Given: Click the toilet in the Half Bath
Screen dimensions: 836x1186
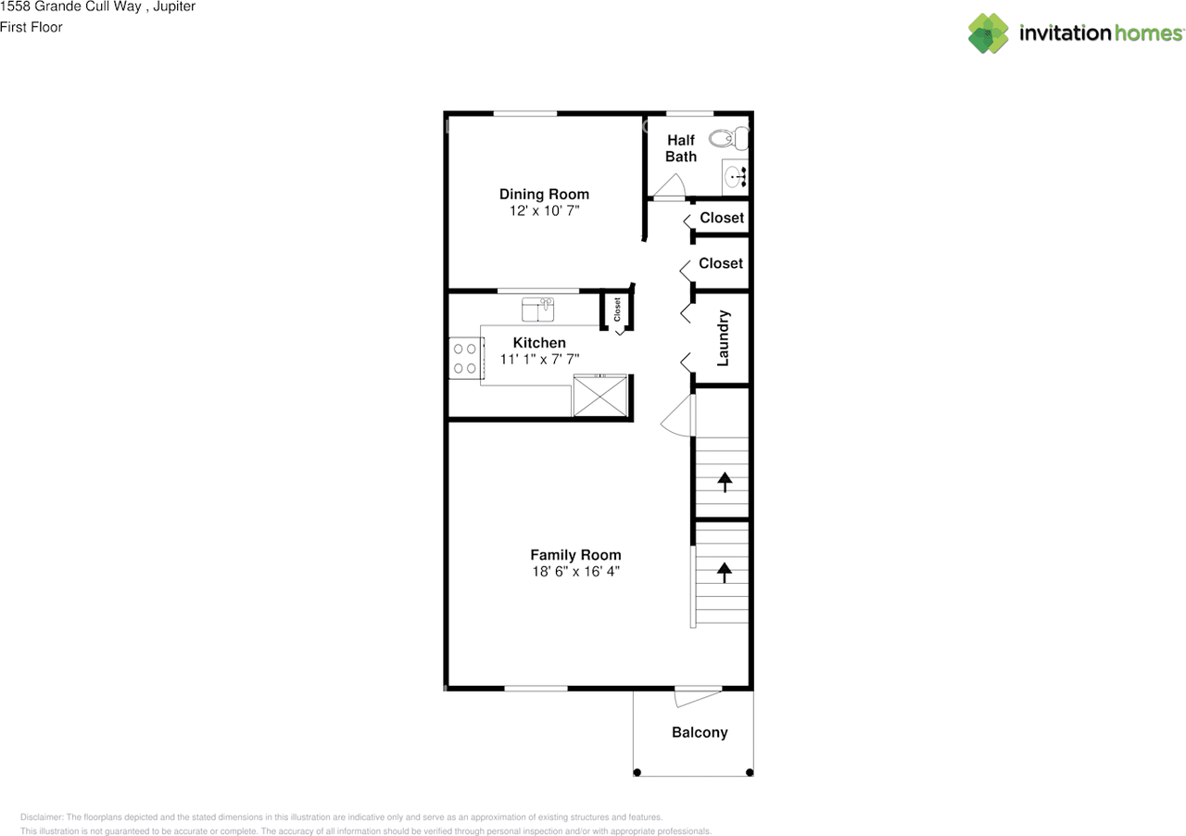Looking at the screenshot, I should (x=728, y=139).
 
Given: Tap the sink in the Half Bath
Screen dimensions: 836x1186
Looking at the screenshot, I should (x=736, y=175).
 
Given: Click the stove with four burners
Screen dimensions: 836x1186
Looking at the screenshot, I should (x=464, y=358).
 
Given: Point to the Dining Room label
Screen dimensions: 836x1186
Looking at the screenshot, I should (x=544, y=194).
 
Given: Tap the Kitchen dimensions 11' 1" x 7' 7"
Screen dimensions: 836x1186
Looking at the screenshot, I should (x=540, y=359).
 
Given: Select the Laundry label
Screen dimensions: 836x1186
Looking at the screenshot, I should (x=724, y=338).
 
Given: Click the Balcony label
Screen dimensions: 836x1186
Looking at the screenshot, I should (x=700, y=732).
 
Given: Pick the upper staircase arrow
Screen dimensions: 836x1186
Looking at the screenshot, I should (x=722, y=481).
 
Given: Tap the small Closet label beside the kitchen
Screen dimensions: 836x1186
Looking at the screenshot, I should (x=617, y=309).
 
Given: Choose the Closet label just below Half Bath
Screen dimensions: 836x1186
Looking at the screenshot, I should (x=722, y=218).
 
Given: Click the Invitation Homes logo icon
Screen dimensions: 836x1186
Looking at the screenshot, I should (x=988, y=33).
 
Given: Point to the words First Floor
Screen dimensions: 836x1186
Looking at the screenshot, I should (x=32, y=27).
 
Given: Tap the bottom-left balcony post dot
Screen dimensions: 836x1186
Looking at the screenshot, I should (x=637, y=772).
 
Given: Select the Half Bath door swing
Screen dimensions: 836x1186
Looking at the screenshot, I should (x=668, y=190).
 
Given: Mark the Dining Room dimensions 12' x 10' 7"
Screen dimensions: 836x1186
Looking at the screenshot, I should (x=544, y=210).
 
